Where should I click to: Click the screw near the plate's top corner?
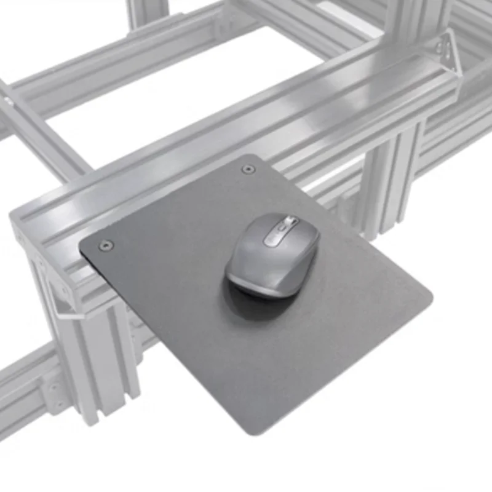[247, 169]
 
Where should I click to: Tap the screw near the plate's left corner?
[106, 245]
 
